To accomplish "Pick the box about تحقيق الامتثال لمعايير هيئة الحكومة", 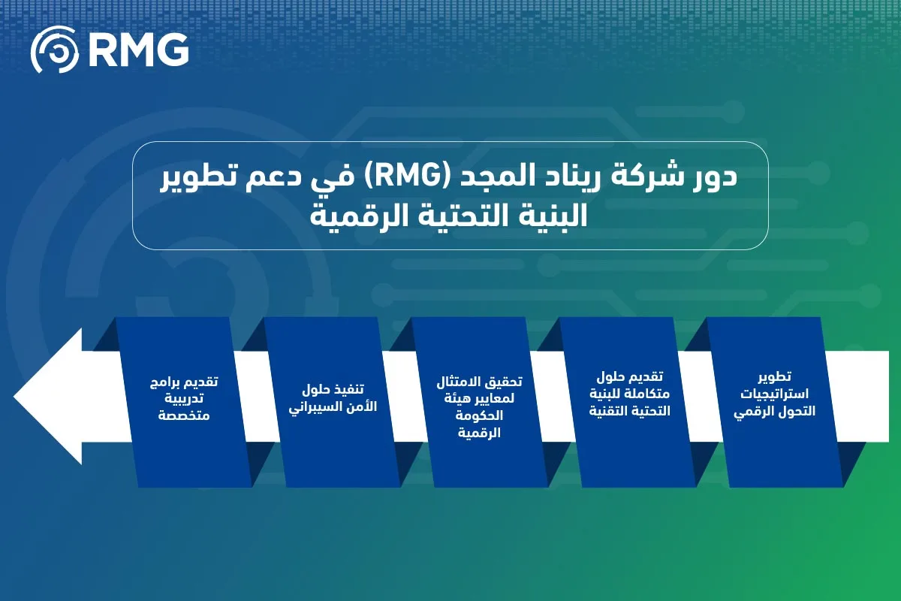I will tap(481, 402).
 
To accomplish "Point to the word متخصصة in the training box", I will tap(185, 413).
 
